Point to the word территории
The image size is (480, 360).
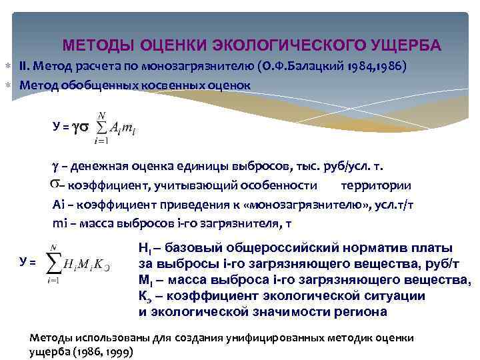click(x=375, y=185)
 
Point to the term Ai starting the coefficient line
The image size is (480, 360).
click(x=58, y=205)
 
